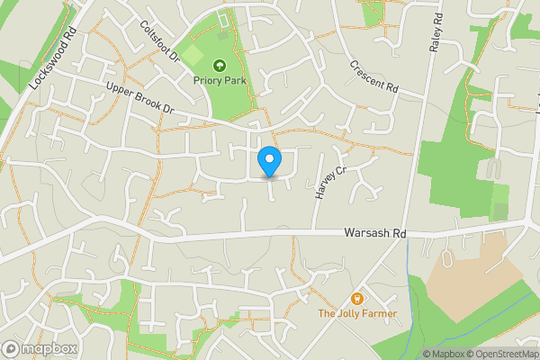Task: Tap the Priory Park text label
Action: [x=219, y=79]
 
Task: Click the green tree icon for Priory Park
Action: [x=219, y=65]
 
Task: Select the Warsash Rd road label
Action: [x=375, y=233]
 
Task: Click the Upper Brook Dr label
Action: [x=139, y=99]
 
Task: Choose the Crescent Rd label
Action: [x=373, y=76]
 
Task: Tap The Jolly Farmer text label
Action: [x=357, y=313]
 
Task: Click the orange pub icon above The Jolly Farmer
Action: [x=357, y=299]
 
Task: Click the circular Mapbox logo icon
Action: [x=12, y=348]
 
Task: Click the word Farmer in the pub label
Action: [x=377, y=313]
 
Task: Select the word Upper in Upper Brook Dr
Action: [x=120, y=90]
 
